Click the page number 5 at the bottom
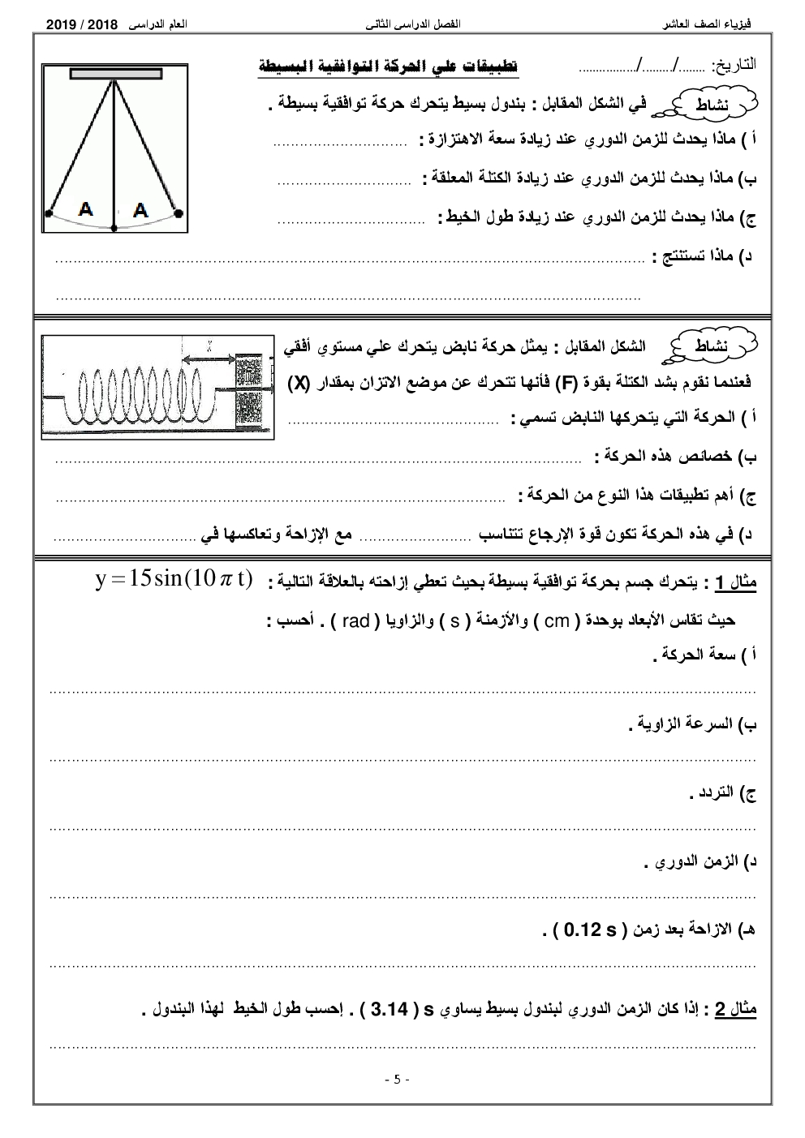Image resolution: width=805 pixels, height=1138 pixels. click(x=397, y=1080)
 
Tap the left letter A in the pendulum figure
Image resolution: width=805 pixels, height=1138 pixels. click(x=85, y=209)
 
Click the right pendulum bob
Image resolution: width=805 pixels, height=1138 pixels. click(x=179, y=214)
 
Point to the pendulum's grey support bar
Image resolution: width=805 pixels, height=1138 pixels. click(x=115, y=75)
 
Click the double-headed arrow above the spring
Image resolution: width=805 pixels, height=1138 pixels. click(x=209, y=359)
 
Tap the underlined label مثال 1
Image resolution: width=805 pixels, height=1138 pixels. click(x=734, y=583)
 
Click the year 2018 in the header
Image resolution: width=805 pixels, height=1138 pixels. click(x=115, y=26)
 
